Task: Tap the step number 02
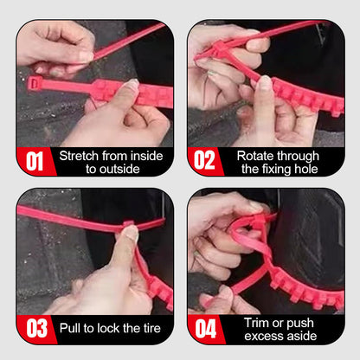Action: pyautogui.click(x=205, y=162)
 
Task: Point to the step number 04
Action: pyautogui.click(x=205, y=330)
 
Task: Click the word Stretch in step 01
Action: pyautogui.click(x=80, y=155)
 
